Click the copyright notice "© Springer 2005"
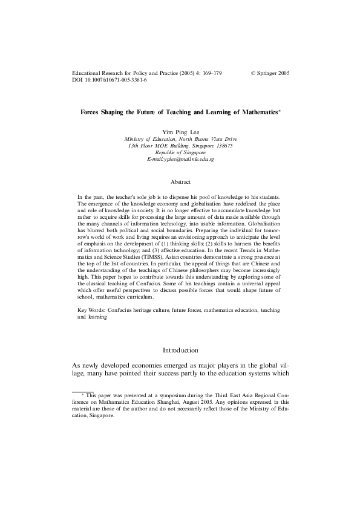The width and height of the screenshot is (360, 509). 270,73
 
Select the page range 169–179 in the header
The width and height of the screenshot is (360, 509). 209,73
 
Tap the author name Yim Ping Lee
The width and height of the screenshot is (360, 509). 180,131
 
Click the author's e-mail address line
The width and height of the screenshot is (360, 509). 180,158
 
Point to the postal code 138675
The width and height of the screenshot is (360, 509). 221,145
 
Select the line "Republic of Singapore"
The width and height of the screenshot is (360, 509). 180,152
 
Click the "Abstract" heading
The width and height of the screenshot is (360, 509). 180,181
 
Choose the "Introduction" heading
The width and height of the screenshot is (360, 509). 180,350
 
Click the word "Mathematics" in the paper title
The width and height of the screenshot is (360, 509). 259,112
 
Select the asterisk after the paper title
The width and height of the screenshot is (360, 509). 280,111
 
